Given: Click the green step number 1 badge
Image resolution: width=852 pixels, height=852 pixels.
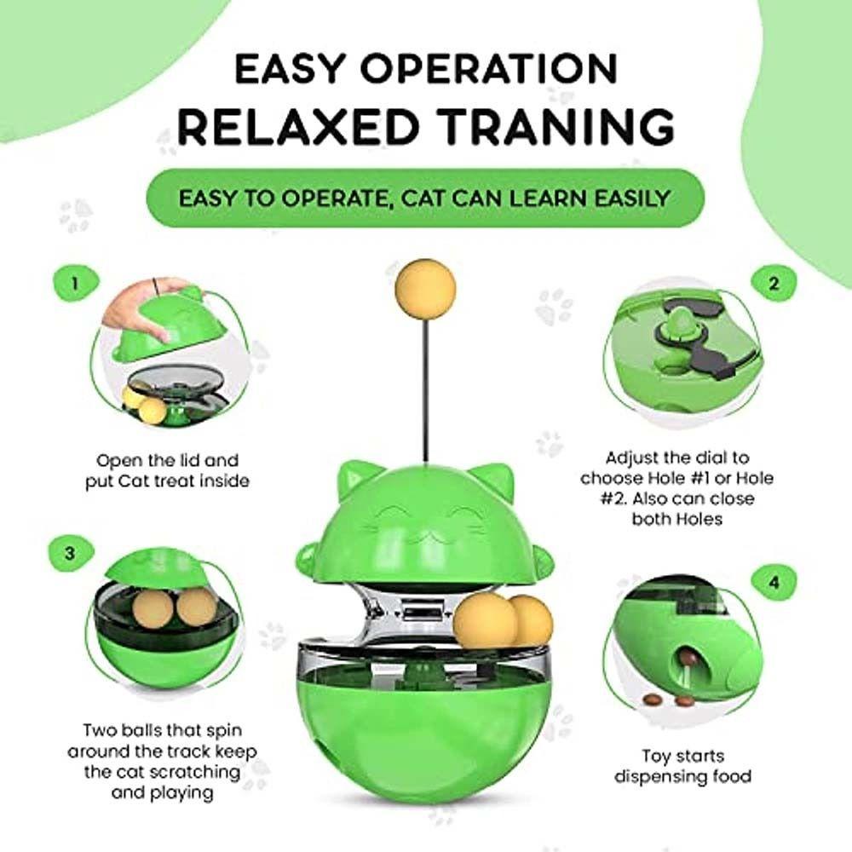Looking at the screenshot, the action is (x=76, y=284).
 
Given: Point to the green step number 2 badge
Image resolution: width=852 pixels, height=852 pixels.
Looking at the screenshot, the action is (x=774, y=283).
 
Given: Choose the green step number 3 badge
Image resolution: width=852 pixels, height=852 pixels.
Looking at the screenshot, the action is (x=71, y=554).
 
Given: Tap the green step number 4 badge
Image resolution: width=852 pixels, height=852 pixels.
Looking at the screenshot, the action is (x=774, y=583).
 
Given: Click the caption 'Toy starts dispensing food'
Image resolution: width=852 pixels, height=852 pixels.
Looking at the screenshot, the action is (x=682, y=766).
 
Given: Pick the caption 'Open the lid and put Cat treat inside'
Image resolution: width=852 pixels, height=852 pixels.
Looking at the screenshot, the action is (x=167, y=470).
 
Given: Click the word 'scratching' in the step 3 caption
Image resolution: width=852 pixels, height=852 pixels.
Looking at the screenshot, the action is (x=194, y=772).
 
